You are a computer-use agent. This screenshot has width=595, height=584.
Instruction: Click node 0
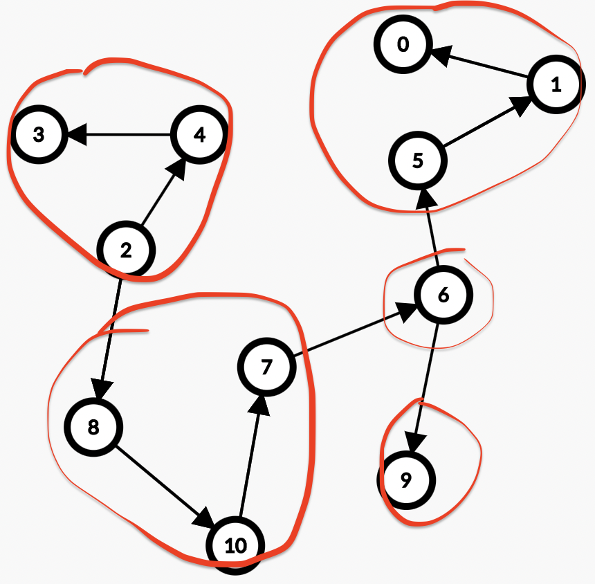403,46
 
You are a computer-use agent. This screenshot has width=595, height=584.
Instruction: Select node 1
556,85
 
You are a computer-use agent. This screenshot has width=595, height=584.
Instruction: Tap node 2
126,250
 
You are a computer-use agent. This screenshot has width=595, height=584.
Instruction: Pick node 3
38,134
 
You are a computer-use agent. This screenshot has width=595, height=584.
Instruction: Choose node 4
199,134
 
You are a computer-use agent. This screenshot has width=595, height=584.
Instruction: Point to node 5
417,161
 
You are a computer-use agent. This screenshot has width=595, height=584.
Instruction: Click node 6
443,295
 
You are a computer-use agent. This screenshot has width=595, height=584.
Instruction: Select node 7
266,367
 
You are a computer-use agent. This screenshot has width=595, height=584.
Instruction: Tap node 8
93,427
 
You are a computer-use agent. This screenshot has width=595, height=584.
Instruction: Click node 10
236,546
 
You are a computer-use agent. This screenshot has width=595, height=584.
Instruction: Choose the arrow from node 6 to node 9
425,387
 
